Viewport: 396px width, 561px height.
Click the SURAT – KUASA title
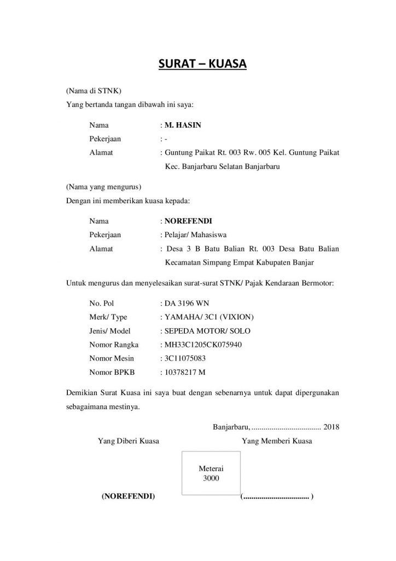(203, 65)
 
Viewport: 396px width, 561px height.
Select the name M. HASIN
(183, 125)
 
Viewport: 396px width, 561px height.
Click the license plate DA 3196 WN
(186, 303)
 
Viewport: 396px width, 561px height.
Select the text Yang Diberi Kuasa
(129, 441)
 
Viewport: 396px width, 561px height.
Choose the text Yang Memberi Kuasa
(277, 441)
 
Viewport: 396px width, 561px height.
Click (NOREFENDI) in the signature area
(128, 497)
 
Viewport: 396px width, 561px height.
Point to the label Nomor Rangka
(114, 345)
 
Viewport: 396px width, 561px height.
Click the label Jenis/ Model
(110, 331)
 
